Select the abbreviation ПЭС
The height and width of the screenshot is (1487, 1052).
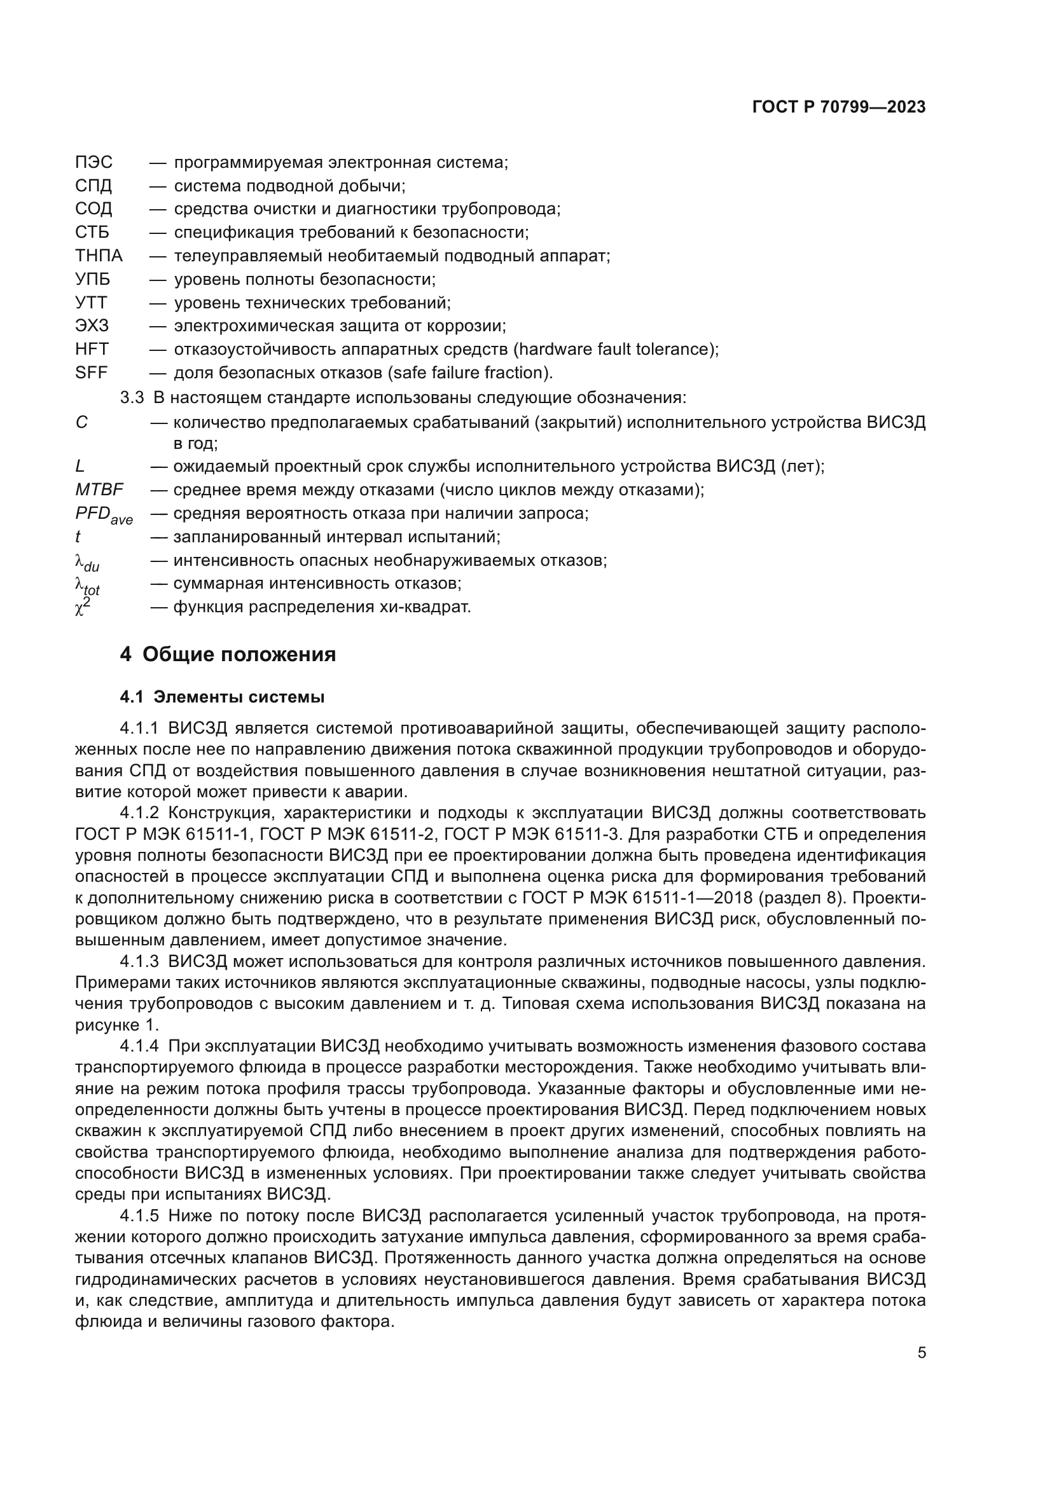point(94,163)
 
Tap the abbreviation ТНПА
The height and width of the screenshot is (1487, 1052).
point(99,256)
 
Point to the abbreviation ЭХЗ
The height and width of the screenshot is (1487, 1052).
point(92,325)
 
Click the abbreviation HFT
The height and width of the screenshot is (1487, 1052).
point(92,349)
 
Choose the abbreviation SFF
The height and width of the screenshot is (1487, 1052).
point(92,373)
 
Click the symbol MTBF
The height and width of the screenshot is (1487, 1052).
point(99,490)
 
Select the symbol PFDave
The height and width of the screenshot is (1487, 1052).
point(104,515)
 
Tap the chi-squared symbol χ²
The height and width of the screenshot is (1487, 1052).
point(83,608)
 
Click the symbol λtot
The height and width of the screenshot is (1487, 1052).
point(87,586)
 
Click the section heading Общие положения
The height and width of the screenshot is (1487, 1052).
point(239,655)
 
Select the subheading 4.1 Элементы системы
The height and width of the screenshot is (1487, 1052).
point(221,697)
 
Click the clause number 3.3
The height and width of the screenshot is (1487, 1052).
point(132,397)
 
